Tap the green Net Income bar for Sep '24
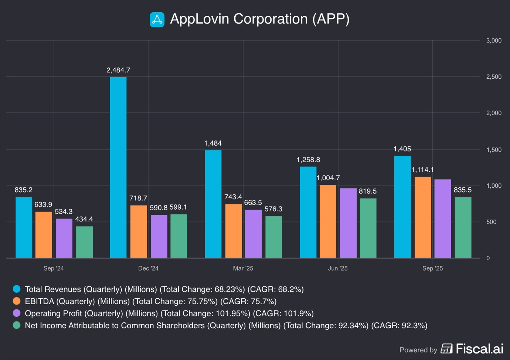click(x=84, y=242)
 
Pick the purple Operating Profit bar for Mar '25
click(x=253, y=234)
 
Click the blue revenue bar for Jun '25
click(x=308, y=212)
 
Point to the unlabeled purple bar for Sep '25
click(x=443, y=218)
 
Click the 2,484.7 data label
click(x=118, y=70)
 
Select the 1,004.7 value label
click(x=328, y=178)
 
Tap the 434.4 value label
click(x=84, y=219)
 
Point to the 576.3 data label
click(x=273, y=209)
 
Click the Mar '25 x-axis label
click(x=243, y=268)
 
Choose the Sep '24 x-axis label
click(x=54, y=268)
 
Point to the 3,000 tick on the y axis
click(x=494, y=41)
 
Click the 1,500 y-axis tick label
click(x=494, y=150)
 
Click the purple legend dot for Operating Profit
click(x=17, y=313)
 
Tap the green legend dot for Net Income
click(x=17, y=325)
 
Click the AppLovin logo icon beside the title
click(x=157, y=20)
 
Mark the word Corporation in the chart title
click(x=271, y=19)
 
